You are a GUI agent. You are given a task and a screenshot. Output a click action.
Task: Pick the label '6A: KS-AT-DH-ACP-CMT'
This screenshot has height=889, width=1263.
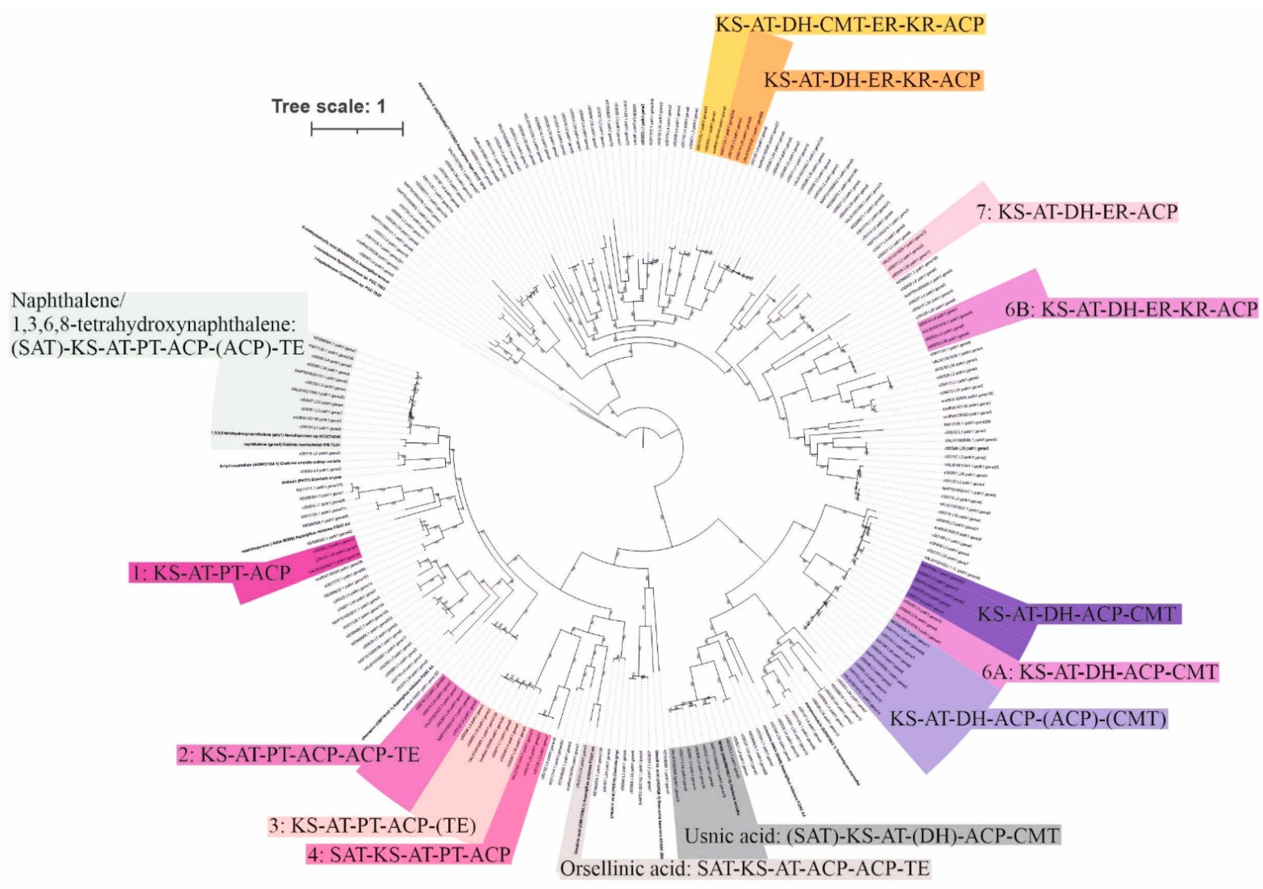pos(1100,672)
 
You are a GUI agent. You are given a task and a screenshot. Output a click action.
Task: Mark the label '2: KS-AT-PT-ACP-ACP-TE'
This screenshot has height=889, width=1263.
pos(299,754)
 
